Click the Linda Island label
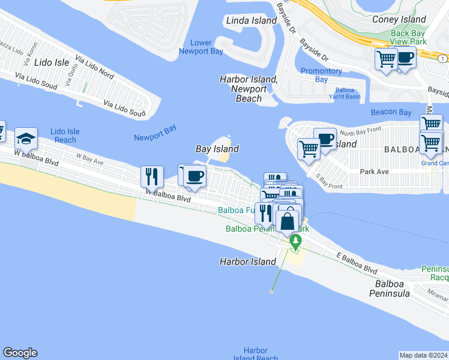(x=252, y=21)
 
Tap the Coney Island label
(x=399, y=19)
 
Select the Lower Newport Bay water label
(x=201, y=47)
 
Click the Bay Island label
(x=217, y=149)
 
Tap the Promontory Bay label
(x=322, y=75)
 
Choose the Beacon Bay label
(x=391, y=112)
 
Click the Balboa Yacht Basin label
(x=345, y=94)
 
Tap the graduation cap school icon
(x=26, y=139)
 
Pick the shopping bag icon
(x=288, y=221)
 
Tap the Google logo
(x=20, y=353)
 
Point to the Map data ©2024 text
(x=424, y=355)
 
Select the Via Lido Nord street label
(x=94, y=67)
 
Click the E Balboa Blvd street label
(x=357, y=262)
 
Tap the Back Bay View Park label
(x=408, y=37)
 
